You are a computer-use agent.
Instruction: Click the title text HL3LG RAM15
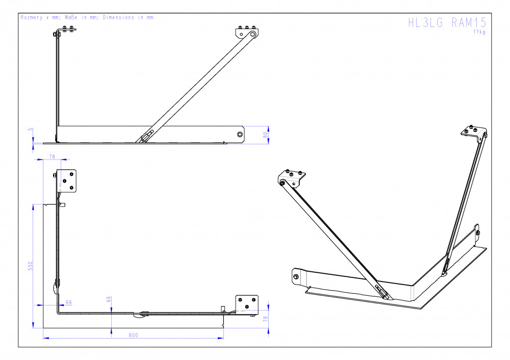(447, 22)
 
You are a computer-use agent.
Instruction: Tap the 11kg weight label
(479, 32)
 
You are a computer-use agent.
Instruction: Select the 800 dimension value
(133, 336)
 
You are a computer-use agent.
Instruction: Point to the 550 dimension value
(31, 266)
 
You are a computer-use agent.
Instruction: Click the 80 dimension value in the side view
(266, 135)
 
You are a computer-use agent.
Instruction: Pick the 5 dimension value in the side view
(31, 130)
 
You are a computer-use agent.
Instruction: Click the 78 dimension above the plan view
(52, 157)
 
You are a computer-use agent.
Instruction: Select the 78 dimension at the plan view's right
(265, 319)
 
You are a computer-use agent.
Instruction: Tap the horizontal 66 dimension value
(69, 302)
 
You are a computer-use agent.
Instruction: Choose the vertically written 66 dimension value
(109, 299)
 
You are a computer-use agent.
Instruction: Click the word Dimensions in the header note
(118, 17)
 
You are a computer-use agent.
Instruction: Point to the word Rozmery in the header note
(32, 17)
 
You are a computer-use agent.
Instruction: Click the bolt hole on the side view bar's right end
(240, 134)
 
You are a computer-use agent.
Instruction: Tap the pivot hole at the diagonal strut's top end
(252, 34)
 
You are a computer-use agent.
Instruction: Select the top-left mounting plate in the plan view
(67, 181)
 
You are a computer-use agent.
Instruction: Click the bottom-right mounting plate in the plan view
(247, 305)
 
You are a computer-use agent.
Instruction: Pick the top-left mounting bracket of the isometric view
(292, 178)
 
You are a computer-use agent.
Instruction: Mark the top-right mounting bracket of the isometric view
(474, 133)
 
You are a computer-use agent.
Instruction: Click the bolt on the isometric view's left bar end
(296, 277)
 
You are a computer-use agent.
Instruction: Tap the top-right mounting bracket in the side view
(247, 32)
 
